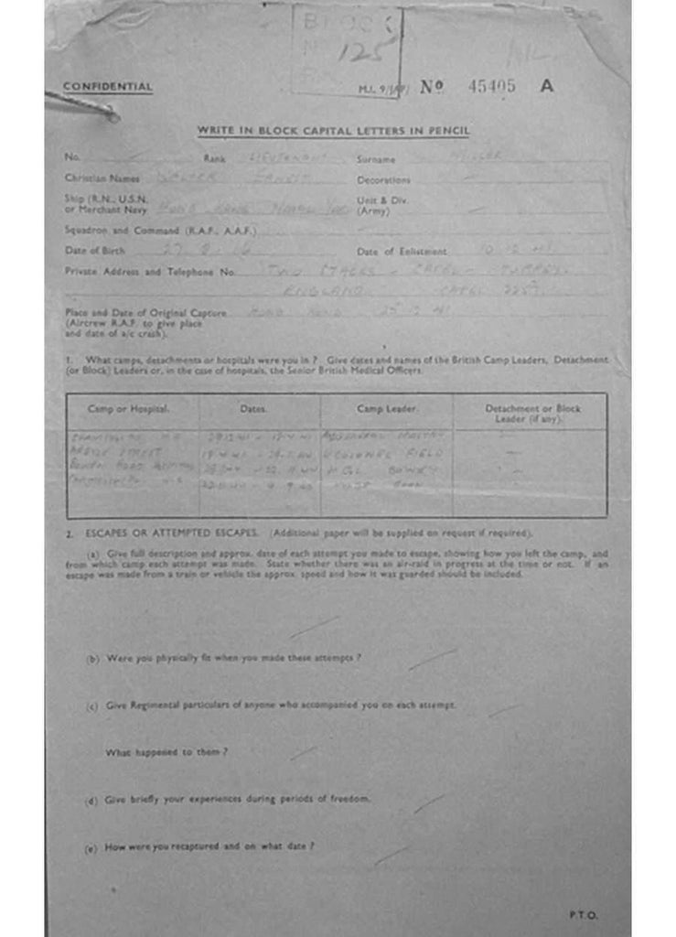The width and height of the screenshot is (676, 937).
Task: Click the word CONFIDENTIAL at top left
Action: click(x=107, y=87)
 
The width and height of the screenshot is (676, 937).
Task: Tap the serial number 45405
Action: click(x=491, y=86)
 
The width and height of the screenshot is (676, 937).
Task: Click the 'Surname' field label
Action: click(x=376, y=159)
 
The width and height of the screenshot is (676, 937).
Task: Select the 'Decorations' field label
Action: click(x=383, y=180)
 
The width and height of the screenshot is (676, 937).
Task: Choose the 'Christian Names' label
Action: click(x=102, y=178)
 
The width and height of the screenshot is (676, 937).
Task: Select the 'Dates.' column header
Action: click(x=253, y=409)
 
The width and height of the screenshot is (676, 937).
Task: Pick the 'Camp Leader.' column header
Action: click(x=386, y=408)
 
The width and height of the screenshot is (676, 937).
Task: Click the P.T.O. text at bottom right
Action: click(x=582, y=914)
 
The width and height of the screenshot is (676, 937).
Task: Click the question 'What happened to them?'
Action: click(x=166, y=752)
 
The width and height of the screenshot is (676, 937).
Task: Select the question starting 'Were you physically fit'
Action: click(x=233, y=658)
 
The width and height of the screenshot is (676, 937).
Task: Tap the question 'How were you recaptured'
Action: click(x=209, y=847)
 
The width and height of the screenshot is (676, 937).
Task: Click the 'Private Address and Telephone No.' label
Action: click(x=151, y=272)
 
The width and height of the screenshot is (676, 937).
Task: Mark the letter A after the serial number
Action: click(x=546, y=86)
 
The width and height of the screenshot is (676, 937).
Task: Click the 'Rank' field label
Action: click(x=214, y=158)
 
